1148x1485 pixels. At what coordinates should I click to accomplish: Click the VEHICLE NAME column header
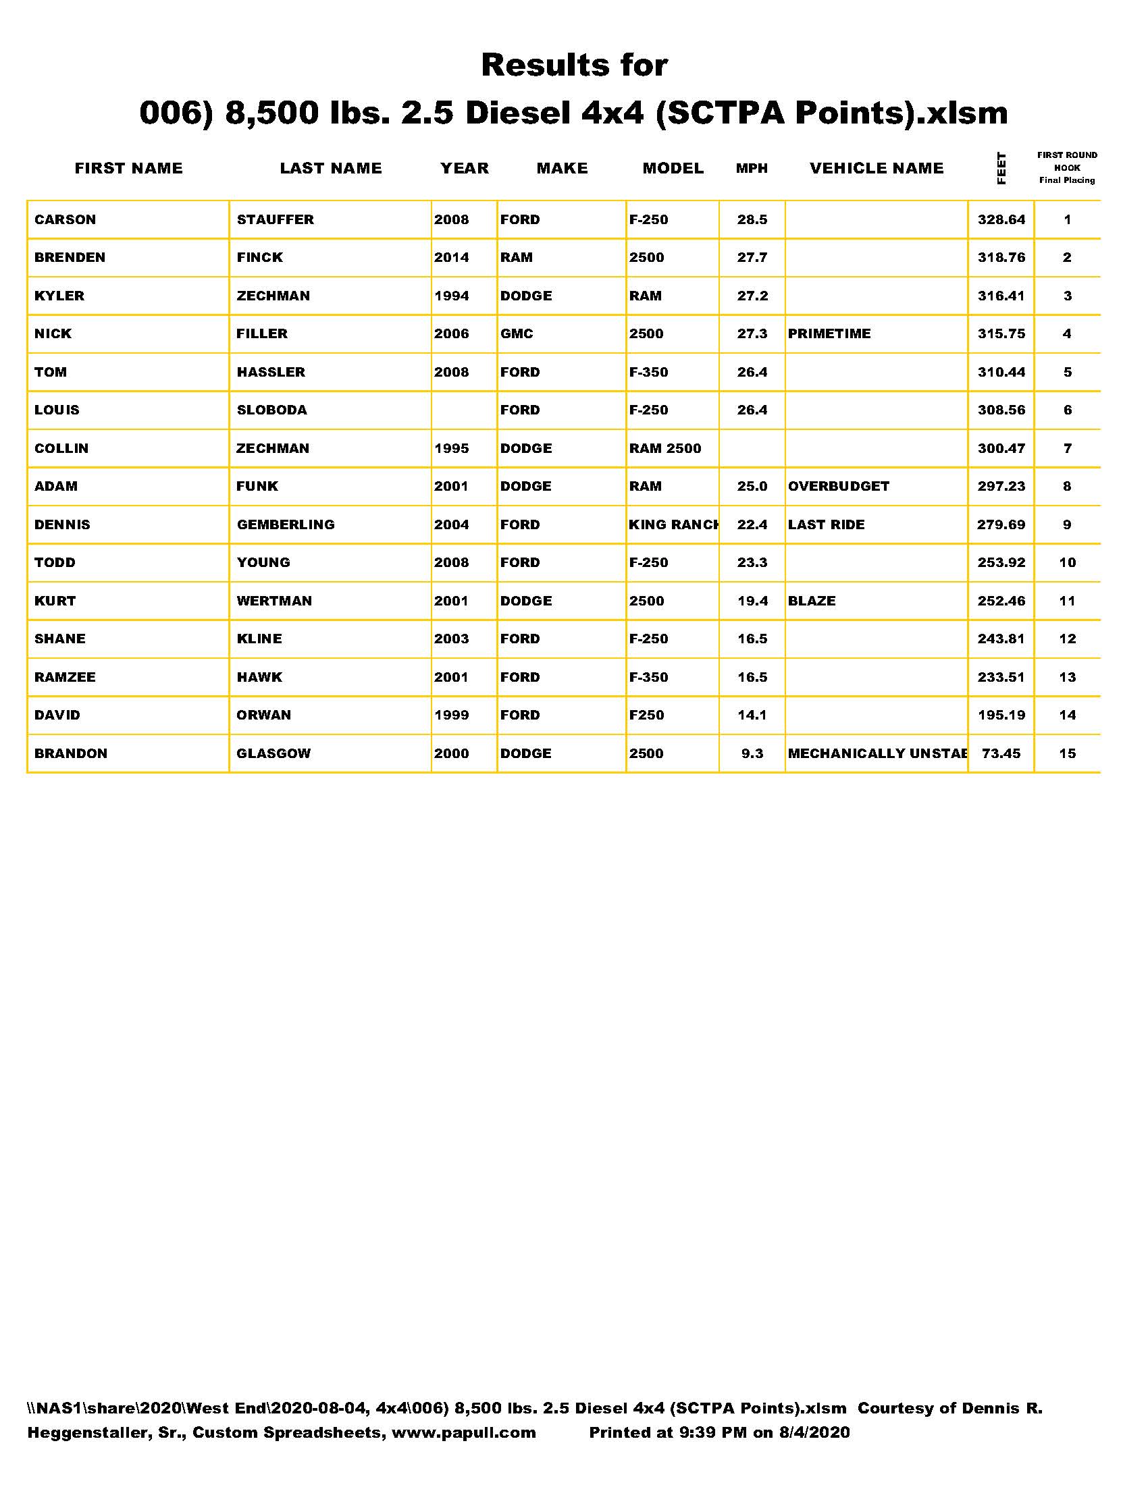click(876, 168)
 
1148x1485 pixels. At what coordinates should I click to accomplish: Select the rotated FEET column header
click(1001, 168)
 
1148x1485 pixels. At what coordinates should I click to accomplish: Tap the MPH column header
click(752, 168)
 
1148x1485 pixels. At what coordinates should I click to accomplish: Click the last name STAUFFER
click(275, 219)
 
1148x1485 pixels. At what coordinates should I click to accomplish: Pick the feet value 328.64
click(1001, 219)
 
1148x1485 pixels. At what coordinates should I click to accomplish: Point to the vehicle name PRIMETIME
click(829, 334)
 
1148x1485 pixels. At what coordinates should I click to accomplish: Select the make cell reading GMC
click(517, 334)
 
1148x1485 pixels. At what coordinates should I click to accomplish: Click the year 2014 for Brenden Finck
click(452, 258)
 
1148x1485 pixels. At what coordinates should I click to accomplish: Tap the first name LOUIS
click(57, 410)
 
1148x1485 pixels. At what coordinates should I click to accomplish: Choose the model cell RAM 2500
click(664, 448)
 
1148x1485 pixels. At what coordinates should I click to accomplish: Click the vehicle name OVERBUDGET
click(839, 486)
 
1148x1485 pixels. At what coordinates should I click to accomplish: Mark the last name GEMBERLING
click(286, 524)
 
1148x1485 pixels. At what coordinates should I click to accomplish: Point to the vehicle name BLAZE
click(811, 601)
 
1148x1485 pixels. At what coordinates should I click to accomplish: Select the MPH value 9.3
click(752, 753)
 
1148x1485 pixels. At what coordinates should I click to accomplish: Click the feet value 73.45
click(1001, 753)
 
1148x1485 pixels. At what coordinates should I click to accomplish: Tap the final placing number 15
click(1067, 753)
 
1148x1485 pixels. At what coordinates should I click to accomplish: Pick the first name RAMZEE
click(66, 677)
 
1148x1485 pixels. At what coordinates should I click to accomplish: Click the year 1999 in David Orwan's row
click(452, 715)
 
